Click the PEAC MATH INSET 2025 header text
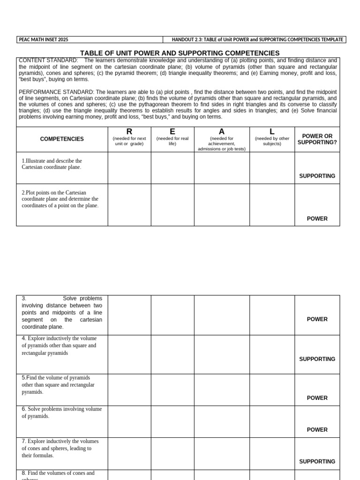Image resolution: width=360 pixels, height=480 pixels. coord(43,40)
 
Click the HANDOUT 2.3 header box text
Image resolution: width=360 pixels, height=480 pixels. coord(257,40)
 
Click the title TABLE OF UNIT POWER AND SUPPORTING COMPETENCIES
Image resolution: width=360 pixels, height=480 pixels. coord(180,53)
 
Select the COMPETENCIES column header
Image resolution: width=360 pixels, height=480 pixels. coord(62,139)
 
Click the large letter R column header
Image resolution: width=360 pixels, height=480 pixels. coord(129,132)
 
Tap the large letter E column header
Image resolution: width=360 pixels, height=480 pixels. coord(172,132)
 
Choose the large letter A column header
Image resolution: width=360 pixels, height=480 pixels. coord(222,132)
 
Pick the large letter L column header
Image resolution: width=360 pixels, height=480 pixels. coord(272,132)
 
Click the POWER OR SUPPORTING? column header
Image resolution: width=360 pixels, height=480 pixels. coord(317,139)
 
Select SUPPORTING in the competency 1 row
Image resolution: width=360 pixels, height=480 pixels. coord(317,176)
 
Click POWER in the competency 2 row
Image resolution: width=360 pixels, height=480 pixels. coord(317,219)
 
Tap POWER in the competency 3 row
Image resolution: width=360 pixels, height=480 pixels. coord(317,319)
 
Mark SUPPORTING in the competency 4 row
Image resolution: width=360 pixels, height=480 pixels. coord(317,359)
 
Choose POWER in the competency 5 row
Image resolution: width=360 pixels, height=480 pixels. coord(317,398)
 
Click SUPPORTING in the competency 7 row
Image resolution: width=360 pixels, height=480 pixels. coord(317,462)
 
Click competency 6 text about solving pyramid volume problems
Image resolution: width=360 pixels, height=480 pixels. coord(61,412)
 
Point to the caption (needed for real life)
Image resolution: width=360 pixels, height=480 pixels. coord(172,141)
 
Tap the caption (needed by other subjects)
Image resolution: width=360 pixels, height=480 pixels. coord(272,141)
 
